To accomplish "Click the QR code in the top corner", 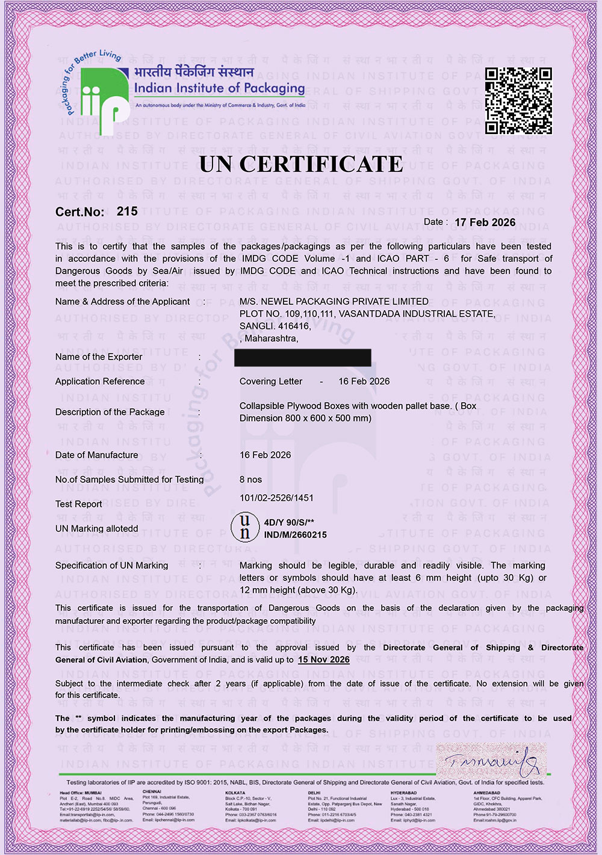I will point(518,100).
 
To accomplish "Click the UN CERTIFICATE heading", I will point(301,164).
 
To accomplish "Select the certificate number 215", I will point(127,211).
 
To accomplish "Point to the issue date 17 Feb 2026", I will point(485,222).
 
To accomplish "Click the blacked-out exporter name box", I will point(302,357).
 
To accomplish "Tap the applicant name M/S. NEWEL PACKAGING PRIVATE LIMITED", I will point(334,301).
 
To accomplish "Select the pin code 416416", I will point(294,326).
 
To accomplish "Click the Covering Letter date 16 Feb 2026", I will point(364,381).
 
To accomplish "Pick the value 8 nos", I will point(250,479).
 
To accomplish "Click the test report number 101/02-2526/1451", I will point(276,497).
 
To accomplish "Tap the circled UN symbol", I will point(244,527).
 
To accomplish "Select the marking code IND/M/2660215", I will point(295,535).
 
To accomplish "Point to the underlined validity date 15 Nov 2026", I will point(323,660).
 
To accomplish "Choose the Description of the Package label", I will point(110,412).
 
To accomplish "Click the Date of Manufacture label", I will point(96,455).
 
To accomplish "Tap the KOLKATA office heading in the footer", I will point(235,793).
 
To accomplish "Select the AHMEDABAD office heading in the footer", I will point(486,793).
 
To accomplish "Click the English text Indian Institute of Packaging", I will point(219,88).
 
